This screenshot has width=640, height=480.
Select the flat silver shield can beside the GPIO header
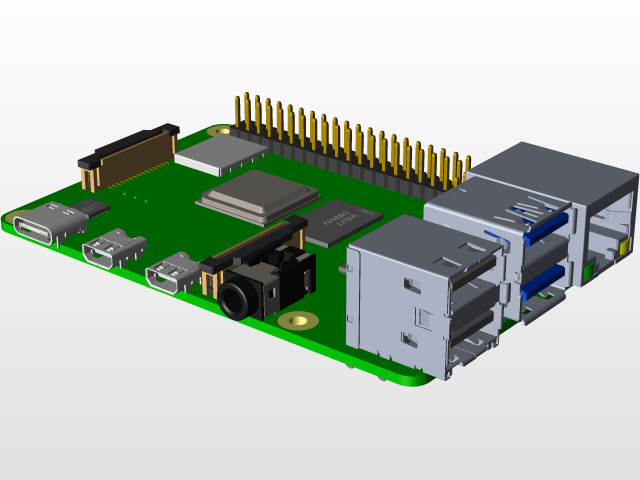click(x=220, y=152)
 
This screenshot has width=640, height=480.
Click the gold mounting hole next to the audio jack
click(x=295, y=320)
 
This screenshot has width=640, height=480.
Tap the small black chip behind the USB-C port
click(x=97, y=208)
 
